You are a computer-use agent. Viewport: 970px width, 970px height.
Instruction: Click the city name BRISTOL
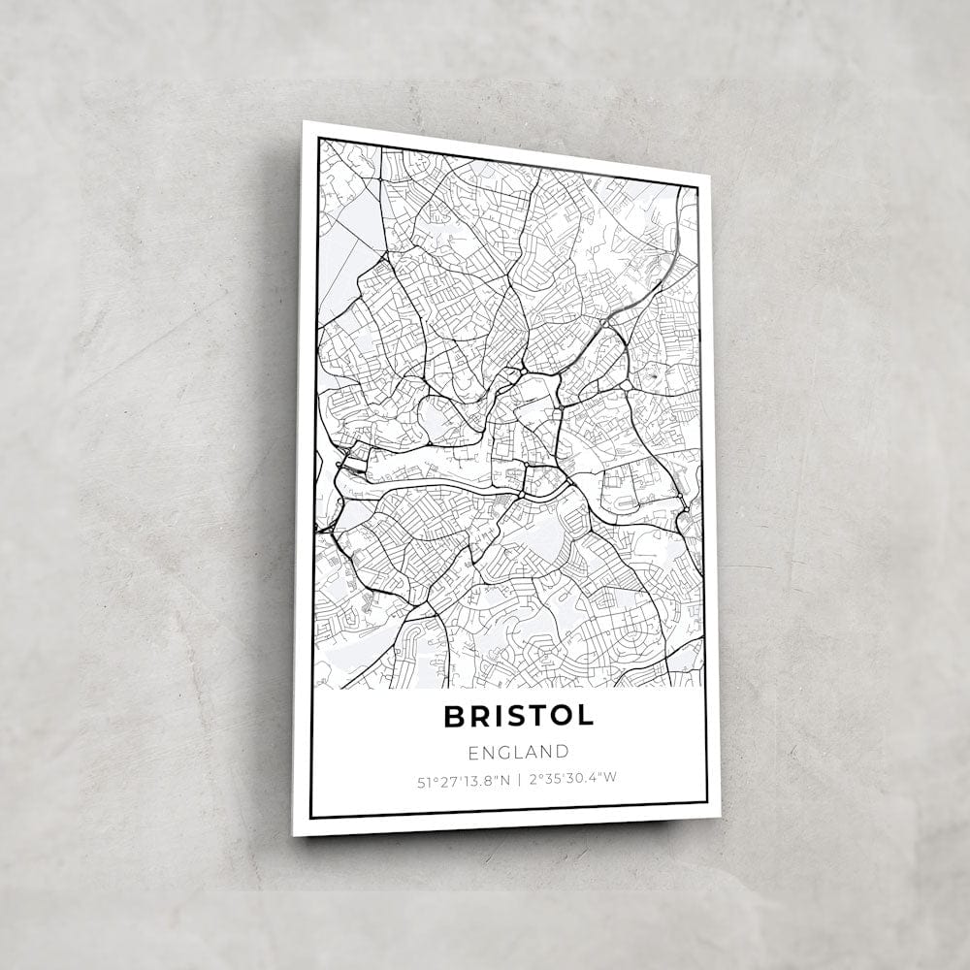pos(518,716)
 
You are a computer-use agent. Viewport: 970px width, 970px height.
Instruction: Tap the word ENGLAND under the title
pos(518,751)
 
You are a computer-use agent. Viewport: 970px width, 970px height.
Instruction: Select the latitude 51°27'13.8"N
pos(460,778)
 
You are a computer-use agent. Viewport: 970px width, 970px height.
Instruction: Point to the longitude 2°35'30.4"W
pos(573,778)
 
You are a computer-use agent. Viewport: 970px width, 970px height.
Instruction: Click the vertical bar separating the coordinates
pos(519,778)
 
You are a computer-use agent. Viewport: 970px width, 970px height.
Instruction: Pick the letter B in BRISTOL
pos(453,716)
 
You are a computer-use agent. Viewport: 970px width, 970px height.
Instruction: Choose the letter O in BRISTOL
pos(561,716)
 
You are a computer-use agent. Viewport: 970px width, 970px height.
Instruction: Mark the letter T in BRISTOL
pos(534,716)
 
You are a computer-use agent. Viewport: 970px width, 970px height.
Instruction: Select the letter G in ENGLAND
pos(502,751)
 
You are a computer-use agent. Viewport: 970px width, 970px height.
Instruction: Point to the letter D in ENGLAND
pos(563,751)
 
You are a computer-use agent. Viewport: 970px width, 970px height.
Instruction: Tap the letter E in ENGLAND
pos(472,751)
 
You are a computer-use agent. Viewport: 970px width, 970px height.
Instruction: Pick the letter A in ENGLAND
pos(532,751)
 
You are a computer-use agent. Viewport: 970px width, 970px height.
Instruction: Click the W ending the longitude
pos(613,778)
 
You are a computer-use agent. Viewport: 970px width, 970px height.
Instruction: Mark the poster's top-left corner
pos(304,121)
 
